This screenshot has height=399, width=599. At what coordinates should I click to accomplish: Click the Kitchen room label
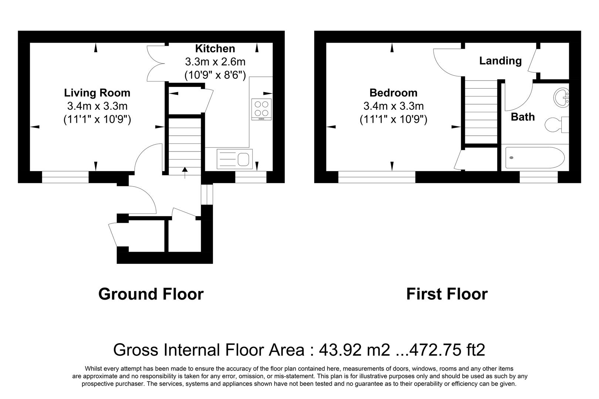(215, 48)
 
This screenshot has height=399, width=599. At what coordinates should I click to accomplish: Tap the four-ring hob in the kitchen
(261, 109)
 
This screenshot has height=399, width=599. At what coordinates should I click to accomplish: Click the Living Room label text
(97, 93)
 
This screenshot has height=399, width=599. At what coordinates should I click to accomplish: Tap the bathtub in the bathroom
(534, 158)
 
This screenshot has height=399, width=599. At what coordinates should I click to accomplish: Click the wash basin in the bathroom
(561, 97)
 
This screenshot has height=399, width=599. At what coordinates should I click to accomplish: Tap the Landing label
(500, 61)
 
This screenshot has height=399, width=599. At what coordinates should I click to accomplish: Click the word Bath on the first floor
(522, 117)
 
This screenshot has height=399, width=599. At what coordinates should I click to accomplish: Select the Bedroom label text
(393, 93)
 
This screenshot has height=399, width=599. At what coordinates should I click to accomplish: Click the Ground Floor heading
(151, 294)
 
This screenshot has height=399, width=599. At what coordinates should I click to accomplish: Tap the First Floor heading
(447, 294)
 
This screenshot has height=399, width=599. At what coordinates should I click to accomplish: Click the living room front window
(65, 177)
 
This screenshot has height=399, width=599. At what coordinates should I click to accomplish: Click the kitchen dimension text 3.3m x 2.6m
(215, 62)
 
